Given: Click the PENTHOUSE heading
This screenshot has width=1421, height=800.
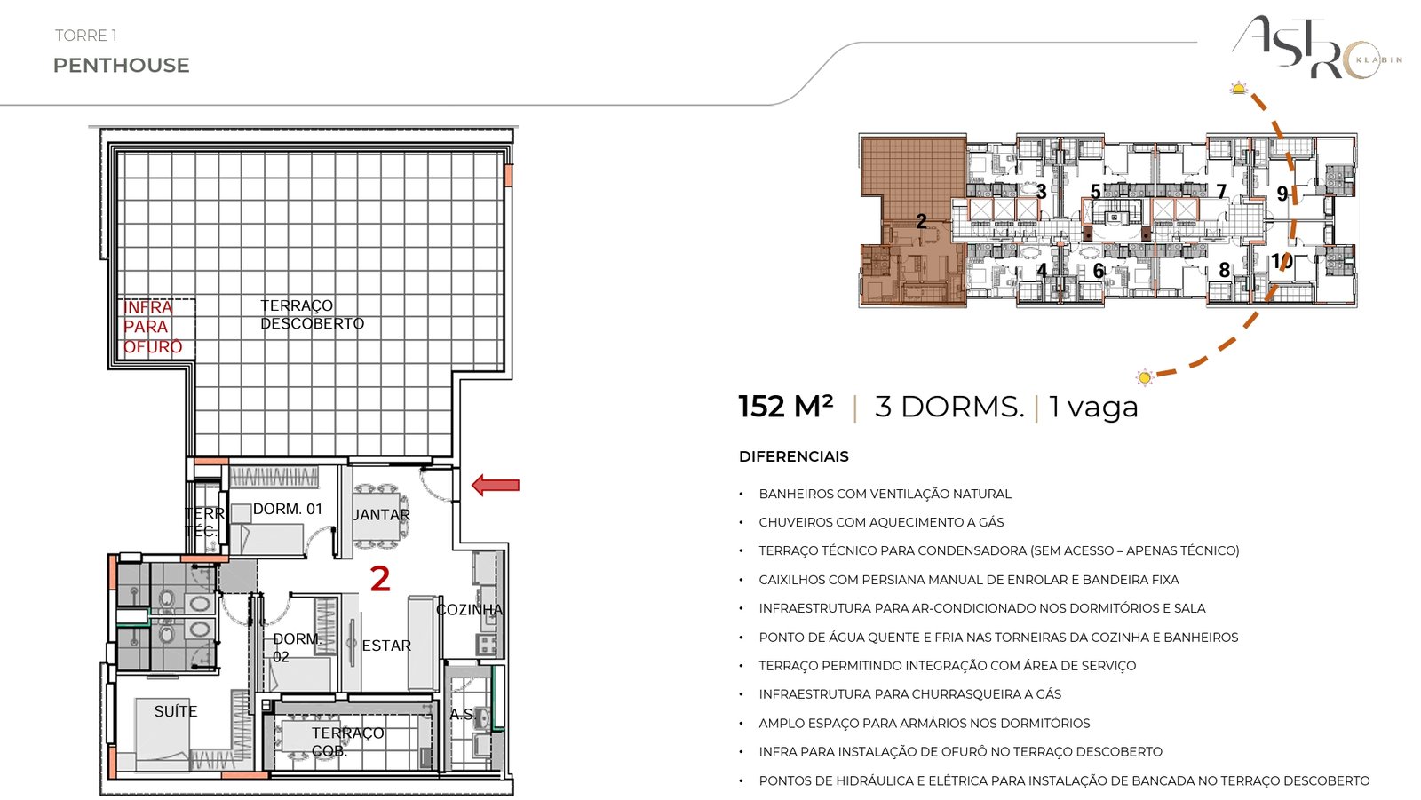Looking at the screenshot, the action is click(x=121, y=66).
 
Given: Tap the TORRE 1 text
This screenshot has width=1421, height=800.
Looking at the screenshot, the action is click(x=85, y=36).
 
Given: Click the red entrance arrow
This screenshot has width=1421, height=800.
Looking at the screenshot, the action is click(x=496, y=486).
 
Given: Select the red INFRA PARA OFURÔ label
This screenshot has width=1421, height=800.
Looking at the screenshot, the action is click(x=153, y=328).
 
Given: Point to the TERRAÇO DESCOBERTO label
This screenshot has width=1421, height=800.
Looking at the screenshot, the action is click(x=312, y=314).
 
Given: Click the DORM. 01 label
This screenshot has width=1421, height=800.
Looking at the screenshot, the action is click(x=288, y=509).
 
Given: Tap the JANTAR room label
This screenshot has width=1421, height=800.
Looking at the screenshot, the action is click(x=381, y=515).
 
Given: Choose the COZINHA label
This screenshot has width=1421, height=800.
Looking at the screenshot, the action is click(x=470, y=610).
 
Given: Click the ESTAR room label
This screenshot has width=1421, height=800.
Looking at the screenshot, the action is click(x=386, y=646).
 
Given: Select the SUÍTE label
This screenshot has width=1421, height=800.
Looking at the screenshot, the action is click(x=176, y=711).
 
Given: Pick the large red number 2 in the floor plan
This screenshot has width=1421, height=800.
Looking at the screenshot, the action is click(x=380, y=579).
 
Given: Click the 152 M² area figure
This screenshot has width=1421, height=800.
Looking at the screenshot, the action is click(x=785, y=407).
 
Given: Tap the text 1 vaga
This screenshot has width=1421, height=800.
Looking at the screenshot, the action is click(x=1093, y=408).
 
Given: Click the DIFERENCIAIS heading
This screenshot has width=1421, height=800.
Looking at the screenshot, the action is click(x=794, y=456).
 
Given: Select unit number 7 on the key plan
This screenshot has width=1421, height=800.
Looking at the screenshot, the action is click(x=1221, y=191).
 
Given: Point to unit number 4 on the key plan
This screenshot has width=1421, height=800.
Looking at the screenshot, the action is click(x=1042, y=270).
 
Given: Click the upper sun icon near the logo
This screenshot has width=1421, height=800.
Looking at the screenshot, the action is click(x=1238, y=89).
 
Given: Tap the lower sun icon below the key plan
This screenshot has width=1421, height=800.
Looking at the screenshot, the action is click(x=1145, y=377).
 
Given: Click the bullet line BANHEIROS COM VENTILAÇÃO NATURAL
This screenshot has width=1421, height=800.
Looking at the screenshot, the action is click(x=885, y=494).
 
